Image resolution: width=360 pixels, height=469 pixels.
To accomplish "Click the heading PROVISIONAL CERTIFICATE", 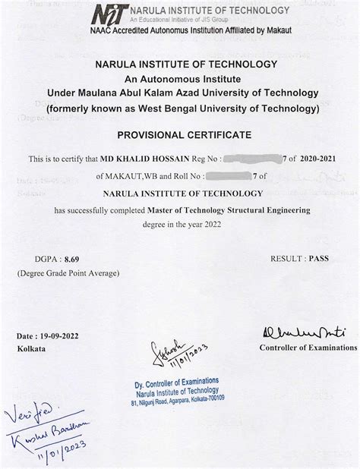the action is point(179,134).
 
